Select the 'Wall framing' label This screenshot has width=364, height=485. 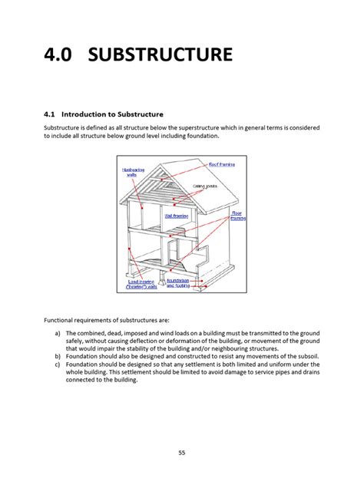[x=177, y=216]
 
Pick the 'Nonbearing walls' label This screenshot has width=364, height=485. [x=131, y=172]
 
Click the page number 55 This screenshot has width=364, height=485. [x=182, y=453]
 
